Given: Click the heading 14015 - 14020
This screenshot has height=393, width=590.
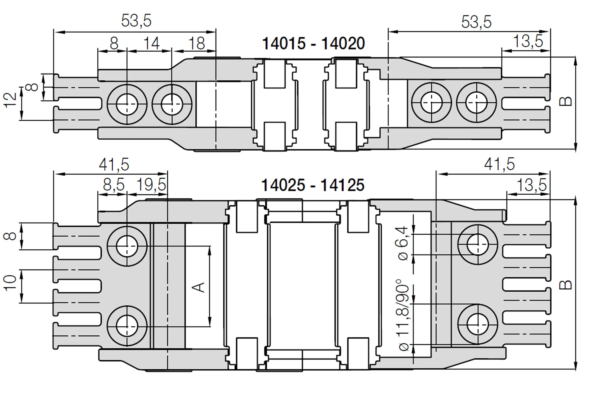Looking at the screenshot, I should click(x=313, y=44).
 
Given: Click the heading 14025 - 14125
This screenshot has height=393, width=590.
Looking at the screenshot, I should click(x=313, y=185).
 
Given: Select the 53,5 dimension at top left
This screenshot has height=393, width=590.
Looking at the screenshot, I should click(x=136, y=21).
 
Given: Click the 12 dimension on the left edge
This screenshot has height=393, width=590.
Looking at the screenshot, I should click(x=11, y=100).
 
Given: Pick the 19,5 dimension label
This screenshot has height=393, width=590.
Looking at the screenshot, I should click(x=151, y=185).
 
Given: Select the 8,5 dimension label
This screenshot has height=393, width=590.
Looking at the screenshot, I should click(x=114, y=185).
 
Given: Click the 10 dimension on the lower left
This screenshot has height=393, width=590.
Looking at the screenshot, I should click(x=10, y=283).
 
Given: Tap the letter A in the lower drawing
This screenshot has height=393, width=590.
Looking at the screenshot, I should click(x=198, y=287).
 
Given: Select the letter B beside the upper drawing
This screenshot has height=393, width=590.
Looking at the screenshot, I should click(x=565, y=101).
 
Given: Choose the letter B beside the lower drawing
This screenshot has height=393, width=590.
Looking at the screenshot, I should click(x=565, y=285).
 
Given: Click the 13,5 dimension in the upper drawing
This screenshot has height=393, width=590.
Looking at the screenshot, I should click(x=528, y=41).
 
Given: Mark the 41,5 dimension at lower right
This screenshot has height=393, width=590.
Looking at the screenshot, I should click(x=499, y=164).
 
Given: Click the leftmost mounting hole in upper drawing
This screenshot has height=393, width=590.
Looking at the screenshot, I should click(x=127, y=104).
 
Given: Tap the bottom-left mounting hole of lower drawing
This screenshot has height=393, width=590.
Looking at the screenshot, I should click(x=127, y=326).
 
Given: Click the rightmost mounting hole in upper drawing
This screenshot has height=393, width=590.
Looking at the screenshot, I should click(x=476, y=103).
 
